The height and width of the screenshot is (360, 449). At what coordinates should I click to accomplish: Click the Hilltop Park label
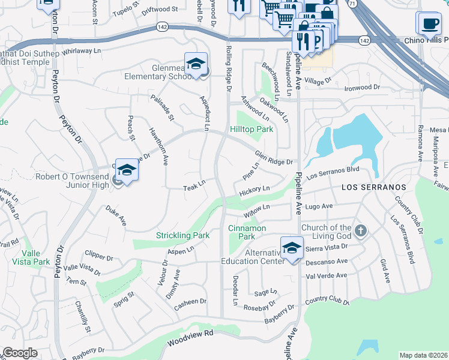click(x=252, y=129)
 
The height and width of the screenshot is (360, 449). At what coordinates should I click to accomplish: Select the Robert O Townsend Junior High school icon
click(x=127, y=172)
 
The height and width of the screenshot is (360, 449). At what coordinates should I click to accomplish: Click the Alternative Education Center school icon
click(x=291, y=248)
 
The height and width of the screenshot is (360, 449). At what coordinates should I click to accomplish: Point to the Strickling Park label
click(x=183, y=235)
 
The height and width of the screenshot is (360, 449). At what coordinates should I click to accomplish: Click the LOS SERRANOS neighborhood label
click(x=373, y=187)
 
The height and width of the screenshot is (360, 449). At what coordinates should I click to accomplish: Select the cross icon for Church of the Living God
click(x=360, y=230)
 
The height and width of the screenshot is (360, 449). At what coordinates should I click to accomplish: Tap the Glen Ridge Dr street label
click(x=273, y=158)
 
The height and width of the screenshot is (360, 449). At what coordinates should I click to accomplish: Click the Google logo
click(x=20, y=353)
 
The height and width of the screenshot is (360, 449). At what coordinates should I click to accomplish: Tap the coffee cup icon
click(x=428, y=23)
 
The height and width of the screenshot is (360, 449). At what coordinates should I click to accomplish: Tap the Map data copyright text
click(x=424, y=355)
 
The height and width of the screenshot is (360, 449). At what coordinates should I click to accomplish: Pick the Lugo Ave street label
click(x=318, y=206)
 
